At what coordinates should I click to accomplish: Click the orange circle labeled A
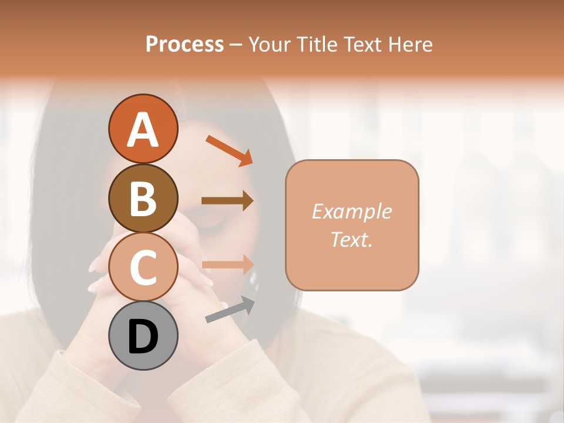pyautogui.click(x=143, y=129)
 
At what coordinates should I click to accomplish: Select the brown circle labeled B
pyautogui.click(x=143, y=198)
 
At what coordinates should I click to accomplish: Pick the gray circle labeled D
pyautogui.click(x=143, y=335)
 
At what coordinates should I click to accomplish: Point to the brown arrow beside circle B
pyautogui.click(x=227, y=200)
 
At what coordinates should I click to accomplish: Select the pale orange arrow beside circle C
pyautogui.click(x=227, y=264)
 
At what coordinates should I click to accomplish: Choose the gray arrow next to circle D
pyautogui.click(x=230, y=310)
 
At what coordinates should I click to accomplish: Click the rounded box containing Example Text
pyautogui.click(x=352, y=225)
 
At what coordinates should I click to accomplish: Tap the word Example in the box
pyautogui.click(x=351, y=211)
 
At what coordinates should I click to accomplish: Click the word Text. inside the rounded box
pyautogui.click(x=351, y=239)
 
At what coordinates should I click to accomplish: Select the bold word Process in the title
pyautogui.click(x=184, y=44)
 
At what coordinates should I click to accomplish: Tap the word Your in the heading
pyautogui.click(x=268, y=44)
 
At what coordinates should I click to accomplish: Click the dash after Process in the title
pyautogui.click(x=235, y=45)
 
